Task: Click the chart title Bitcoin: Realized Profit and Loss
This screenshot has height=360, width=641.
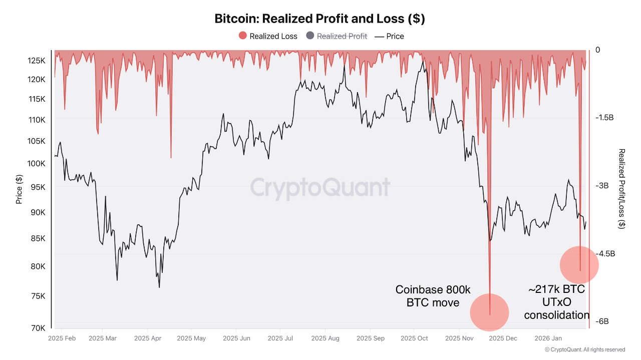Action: click(319, 19)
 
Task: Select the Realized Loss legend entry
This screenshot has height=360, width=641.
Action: click(268, 36)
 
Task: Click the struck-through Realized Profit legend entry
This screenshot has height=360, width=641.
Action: click(337, 36)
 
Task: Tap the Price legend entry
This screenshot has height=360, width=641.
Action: click(389, 36)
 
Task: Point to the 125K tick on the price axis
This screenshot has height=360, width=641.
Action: click(37, 61)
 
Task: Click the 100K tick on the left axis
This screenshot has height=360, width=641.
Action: click(37, 163)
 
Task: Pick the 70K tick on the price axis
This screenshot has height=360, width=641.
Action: click(38, 328)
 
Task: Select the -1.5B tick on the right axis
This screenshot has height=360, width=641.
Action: click(604, 118)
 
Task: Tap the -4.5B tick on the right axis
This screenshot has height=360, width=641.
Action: click(604, 253)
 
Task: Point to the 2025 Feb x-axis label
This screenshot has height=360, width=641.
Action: click(62, 338)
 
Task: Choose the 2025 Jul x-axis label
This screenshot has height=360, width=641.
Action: click(282, 338)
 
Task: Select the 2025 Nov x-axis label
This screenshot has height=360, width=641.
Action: click(459, 338)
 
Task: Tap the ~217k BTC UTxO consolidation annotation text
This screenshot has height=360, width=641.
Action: click(556, 302)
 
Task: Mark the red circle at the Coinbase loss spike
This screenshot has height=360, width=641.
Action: click(489, 312)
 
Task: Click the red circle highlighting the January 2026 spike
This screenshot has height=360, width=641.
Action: click(579, 265)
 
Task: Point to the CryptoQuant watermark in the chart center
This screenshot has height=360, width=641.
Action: click(320, 188)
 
